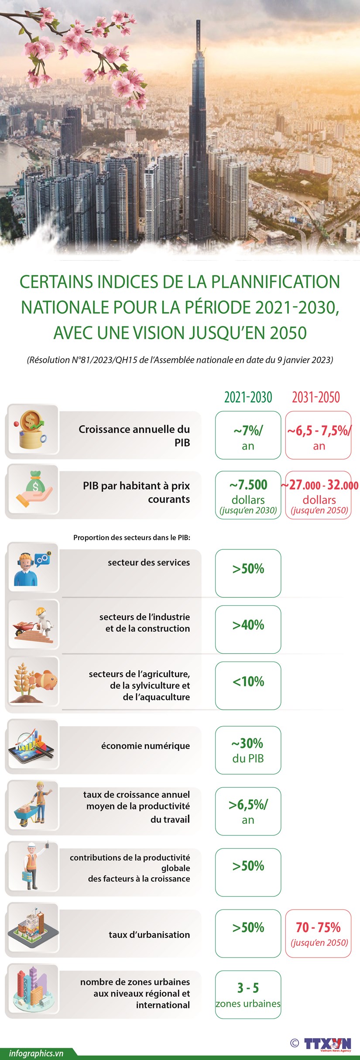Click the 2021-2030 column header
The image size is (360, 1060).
(248, 397)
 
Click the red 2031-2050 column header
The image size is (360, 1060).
(316, 397)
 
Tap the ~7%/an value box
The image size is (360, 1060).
(248, 436)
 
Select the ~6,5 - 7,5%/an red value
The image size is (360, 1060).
(319, 436)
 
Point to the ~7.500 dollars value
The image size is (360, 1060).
(248, 495)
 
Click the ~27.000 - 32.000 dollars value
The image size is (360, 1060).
(319, 495)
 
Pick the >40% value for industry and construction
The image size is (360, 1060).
(248, 625)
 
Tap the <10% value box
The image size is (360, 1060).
(248, 682)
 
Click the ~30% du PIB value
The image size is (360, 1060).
(248, 750)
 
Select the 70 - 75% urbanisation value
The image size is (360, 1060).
(319, 934)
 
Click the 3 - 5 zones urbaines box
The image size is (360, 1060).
(248, 995)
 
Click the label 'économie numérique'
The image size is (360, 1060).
(145, 746)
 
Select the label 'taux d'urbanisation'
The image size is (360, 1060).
(149, 935)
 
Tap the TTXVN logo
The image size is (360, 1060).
(327, 1044)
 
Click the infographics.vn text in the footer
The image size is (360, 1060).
(36, 1053)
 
